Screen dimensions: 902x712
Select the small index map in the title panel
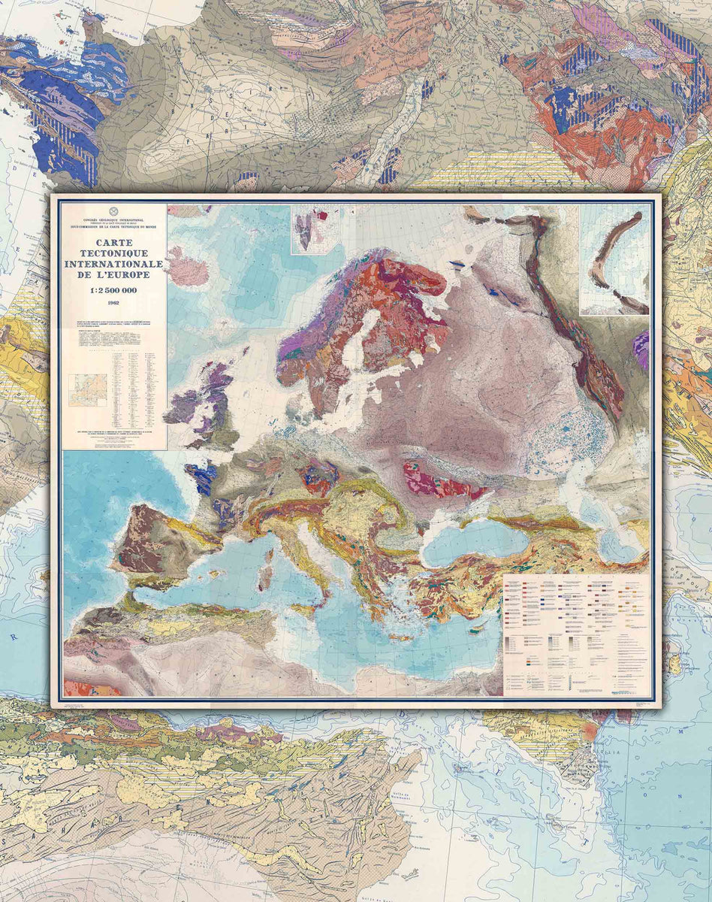(x=88, y=390)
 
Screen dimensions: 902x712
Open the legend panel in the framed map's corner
(x=576, y=635)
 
